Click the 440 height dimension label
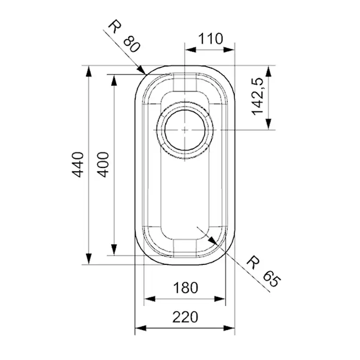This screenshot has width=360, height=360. [x=78, y=164]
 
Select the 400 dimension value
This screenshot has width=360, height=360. [x=103, y=164]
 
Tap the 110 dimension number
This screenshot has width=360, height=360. [x=210, y=39]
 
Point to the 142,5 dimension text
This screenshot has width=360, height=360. [x=259, y=96]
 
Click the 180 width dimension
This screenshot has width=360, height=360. [x=185, y=287]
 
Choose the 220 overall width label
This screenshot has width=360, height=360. [x=185, y=317]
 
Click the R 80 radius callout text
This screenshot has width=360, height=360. [x=125, y=37]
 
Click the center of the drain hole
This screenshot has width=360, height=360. [x=185, y=130]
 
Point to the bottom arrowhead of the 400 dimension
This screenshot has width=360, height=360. [x=114, y=250]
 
